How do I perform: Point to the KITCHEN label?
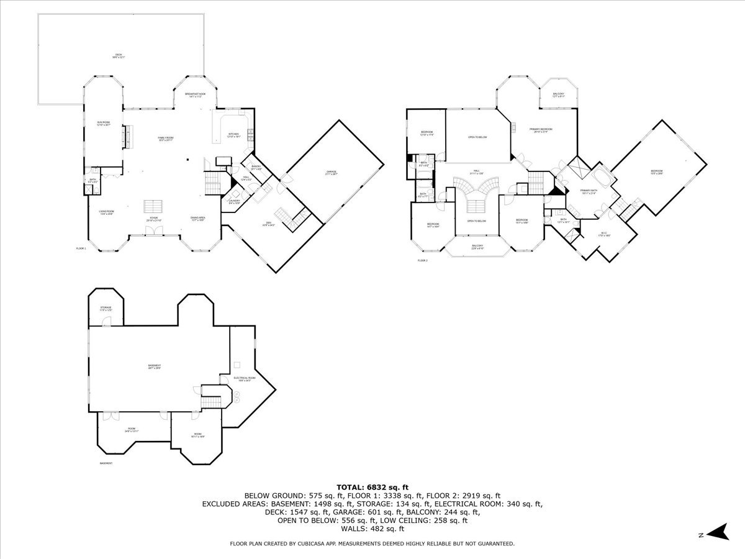tap(233, 135)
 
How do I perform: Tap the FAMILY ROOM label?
tap(165, 138)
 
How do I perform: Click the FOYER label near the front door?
tap(153, 219)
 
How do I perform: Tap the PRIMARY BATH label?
tap(589, 191)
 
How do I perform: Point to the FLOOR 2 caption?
tap(423, 260)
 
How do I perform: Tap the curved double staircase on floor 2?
tap(476, 185)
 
